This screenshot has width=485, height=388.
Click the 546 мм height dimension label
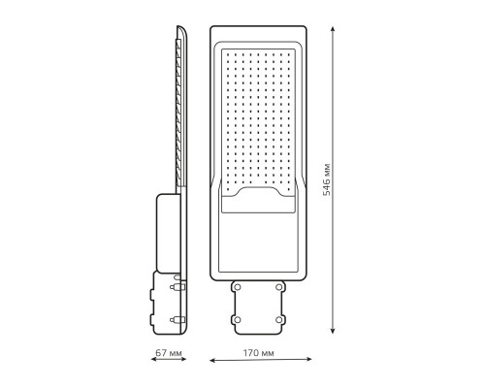[327, 179]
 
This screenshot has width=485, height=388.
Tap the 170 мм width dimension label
[258, 353]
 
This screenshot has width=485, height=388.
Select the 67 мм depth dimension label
[169, 352]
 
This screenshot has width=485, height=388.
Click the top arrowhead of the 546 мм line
[333, 29]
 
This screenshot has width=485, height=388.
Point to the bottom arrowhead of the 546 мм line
[333, 331]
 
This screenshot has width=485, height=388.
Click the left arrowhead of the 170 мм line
[212, 360]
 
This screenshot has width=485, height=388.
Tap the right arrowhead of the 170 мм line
[309, 359]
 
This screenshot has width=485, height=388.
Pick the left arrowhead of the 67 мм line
[153, 359]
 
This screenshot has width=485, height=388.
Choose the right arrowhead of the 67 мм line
[184, 359]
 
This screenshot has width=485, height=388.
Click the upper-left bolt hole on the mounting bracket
[238, 287]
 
